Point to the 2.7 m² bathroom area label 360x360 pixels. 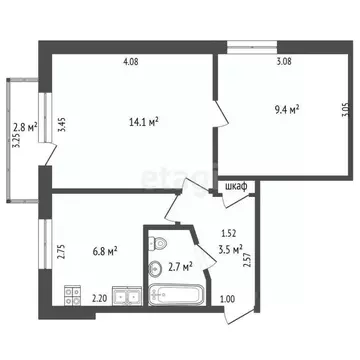click(x=180, y=266)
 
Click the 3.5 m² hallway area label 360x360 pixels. click(x=232, y=251)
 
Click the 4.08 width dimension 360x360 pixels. click(x=131, y=63)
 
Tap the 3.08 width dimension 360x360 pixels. click(x=285, y=63)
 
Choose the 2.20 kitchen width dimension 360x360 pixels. click(x=100, y=297)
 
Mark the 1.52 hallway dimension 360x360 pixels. click(x=229, y=234)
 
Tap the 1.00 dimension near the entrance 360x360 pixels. click(x=228, y=298)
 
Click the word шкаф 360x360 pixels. click(x=237, y=186)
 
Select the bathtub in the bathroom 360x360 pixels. click(x=176, y=296)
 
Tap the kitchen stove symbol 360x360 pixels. click(x=71, y=295)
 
